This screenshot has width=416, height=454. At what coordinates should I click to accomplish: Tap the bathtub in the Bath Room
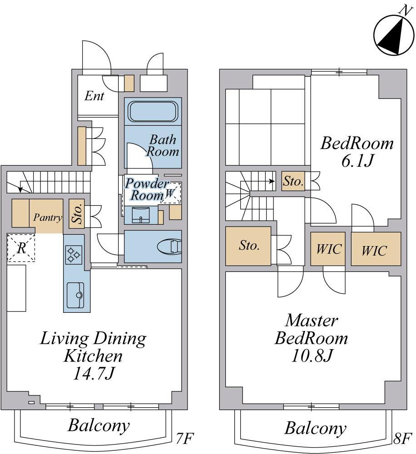pyautogui.click(x=153, y=112)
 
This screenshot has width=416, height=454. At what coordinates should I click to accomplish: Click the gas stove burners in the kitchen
pyautogui.click(x=74, y=255)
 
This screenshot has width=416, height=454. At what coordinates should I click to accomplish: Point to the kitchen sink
pyautogui.click(x=75, y=296)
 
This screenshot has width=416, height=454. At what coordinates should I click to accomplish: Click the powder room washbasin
pyautogui.click(x=141, y=215)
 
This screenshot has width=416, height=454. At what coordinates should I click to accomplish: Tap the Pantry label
pyautogui.click(x=48, y=217)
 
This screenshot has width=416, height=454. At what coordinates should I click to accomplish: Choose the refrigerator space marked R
pyautogui.click(x=21, y=248)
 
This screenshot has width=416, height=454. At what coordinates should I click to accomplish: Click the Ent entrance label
pyautogui.click(x=94, y=96)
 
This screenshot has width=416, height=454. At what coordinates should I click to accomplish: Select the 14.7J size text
pyautogui.click(x=94, y=374)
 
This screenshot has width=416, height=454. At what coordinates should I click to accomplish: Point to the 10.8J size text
pyautogui.click(x=311, y=356)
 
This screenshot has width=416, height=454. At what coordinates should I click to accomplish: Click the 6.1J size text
pyautogui.click(x=357, y=161)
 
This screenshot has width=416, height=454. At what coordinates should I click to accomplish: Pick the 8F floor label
pyautogui.click(x=402, y=439)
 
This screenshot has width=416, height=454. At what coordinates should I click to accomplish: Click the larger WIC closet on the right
pyautogui.click(x=376, y=249)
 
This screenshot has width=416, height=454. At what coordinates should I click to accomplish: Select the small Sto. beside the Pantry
pyautogui.click(x=77, y=214)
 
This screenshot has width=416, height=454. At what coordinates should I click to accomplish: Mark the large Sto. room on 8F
pyautogui.click(x=248, y=246)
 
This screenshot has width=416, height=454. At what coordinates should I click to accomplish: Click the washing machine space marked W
pyautogui.click(x=171, y=192)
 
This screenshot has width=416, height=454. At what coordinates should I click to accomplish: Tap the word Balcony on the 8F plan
pyautogui.click(x=316, y=428)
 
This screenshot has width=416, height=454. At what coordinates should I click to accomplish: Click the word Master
pyautogui.click(x=312, y=321)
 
